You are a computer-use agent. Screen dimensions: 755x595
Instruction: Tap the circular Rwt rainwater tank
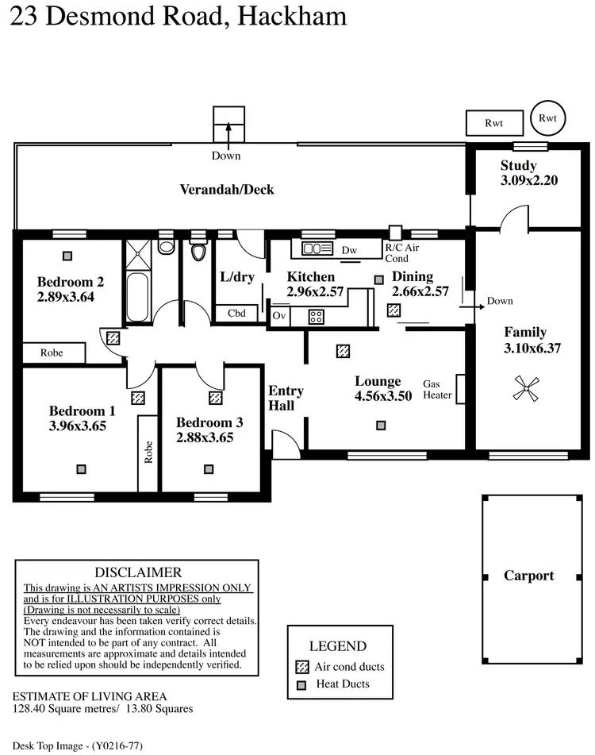[547, 117]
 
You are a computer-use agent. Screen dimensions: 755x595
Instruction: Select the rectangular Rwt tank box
[494, 123]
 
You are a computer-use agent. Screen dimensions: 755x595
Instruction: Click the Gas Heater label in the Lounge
[437, 389]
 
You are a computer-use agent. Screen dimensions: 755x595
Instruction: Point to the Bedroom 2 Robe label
[53, 352]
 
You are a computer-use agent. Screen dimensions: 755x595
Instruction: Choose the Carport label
[529, 576]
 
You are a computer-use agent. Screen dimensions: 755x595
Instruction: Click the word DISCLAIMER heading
[138, 572]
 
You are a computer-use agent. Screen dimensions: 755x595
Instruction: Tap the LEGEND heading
[338, 646]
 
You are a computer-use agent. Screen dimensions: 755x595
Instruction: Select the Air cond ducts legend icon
[301, 667]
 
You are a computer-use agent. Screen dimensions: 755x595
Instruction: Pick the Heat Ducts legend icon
[301, 685]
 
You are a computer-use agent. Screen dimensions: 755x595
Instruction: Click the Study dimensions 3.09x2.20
[529, 180]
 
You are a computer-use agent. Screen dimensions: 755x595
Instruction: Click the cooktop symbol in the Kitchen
[316, 315]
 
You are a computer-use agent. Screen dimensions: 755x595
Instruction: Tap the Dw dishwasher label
[349, 250]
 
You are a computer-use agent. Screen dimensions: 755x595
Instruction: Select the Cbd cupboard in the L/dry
[236, 314]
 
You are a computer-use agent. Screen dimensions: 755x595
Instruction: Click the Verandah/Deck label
[227, 189]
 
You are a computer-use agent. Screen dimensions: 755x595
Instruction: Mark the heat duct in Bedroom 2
[68, 256]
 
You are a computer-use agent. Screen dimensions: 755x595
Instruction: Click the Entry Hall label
[286, 398]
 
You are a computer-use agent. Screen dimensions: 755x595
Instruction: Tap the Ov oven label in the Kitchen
[278, 315]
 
